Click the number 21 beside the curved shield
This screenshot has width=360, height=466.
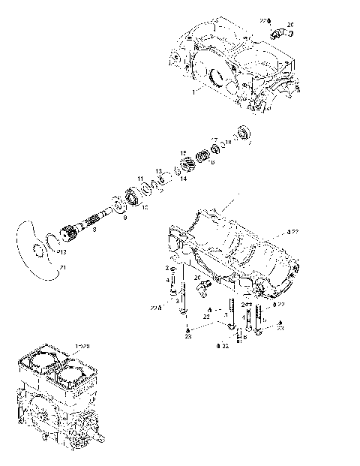coord(62,268)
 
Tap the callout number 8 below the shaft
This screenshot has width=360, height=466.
coord(94,230)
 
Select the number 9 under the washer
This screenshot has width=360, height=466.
coord(124,218)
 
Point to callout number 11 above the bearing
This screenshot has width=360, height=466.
coord(139,178)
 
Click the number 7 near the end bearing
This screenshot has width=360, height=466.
coord(250,143)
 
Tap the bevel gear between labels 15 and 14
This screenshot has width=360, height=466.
coord(182,167)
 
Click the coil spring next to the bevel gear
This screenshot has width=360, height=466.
coord(201,159)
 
